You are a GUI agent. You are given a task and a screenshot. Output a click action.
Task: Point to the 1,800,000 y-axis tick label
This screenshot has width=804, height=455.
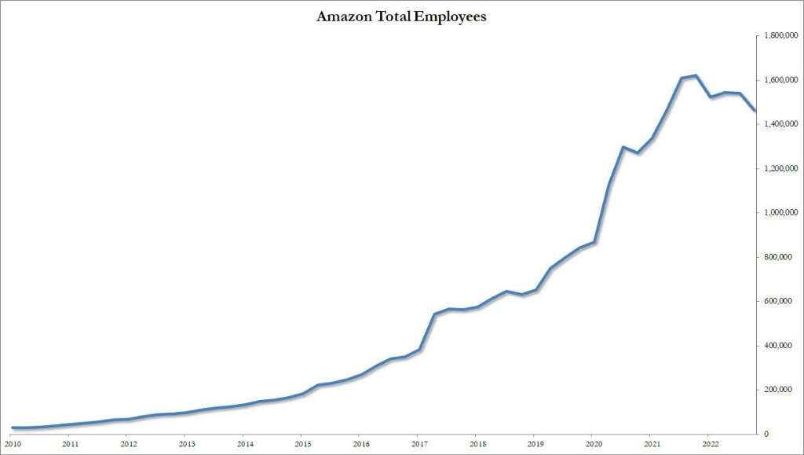777,36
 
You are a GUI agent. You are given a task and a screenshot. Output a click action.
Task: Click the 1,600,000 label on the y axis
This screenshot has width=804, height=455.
777,80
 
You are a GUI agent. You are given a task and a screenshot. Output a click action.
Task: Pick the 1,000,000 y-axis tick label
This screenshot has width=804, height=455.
777,213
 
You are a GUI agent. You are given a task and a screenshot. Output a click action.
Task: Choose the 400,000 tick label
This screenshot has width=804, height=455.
780,346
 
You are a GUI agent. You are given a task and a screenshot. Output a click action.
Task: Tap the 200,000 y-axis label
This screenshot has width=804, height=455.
780,390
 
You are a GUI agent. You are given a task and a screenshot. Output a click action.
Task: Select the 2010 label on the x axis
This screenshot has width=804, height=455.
12,444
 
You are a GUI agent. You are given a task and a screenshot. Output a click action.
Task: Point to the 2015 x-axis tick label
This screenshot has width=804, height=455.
302,444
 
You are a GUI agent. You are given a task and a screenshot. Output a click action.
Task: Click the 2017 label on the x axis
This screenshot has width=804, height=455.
418,444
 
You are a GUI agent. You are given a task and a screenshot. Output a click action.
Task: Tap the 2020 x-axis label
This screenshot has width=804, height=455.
593,444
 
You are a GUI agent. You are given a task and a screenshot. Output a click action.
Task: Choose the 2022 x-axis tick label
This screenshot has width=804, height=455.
709,444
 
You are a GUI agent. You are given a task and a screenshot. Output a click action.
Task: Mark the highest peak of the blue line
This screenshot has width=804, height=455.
696,75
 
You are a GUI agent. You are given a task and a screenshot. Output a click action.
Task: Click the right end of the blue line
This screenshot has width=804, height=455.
755,111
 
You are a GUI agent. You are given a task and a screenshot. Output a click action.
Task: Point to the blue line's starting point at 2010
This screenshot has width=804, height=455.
13,427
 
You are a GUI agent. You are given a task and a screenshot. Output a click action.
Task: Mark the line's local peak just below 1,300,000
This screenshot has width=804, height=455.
623,147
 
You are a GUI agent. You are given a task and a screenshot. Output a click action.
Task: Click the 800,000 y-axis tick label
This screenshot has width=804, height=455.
780,257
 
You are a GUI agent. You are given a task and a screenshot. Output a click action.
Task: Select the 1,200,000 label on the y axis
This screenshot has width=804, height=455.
777,169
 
